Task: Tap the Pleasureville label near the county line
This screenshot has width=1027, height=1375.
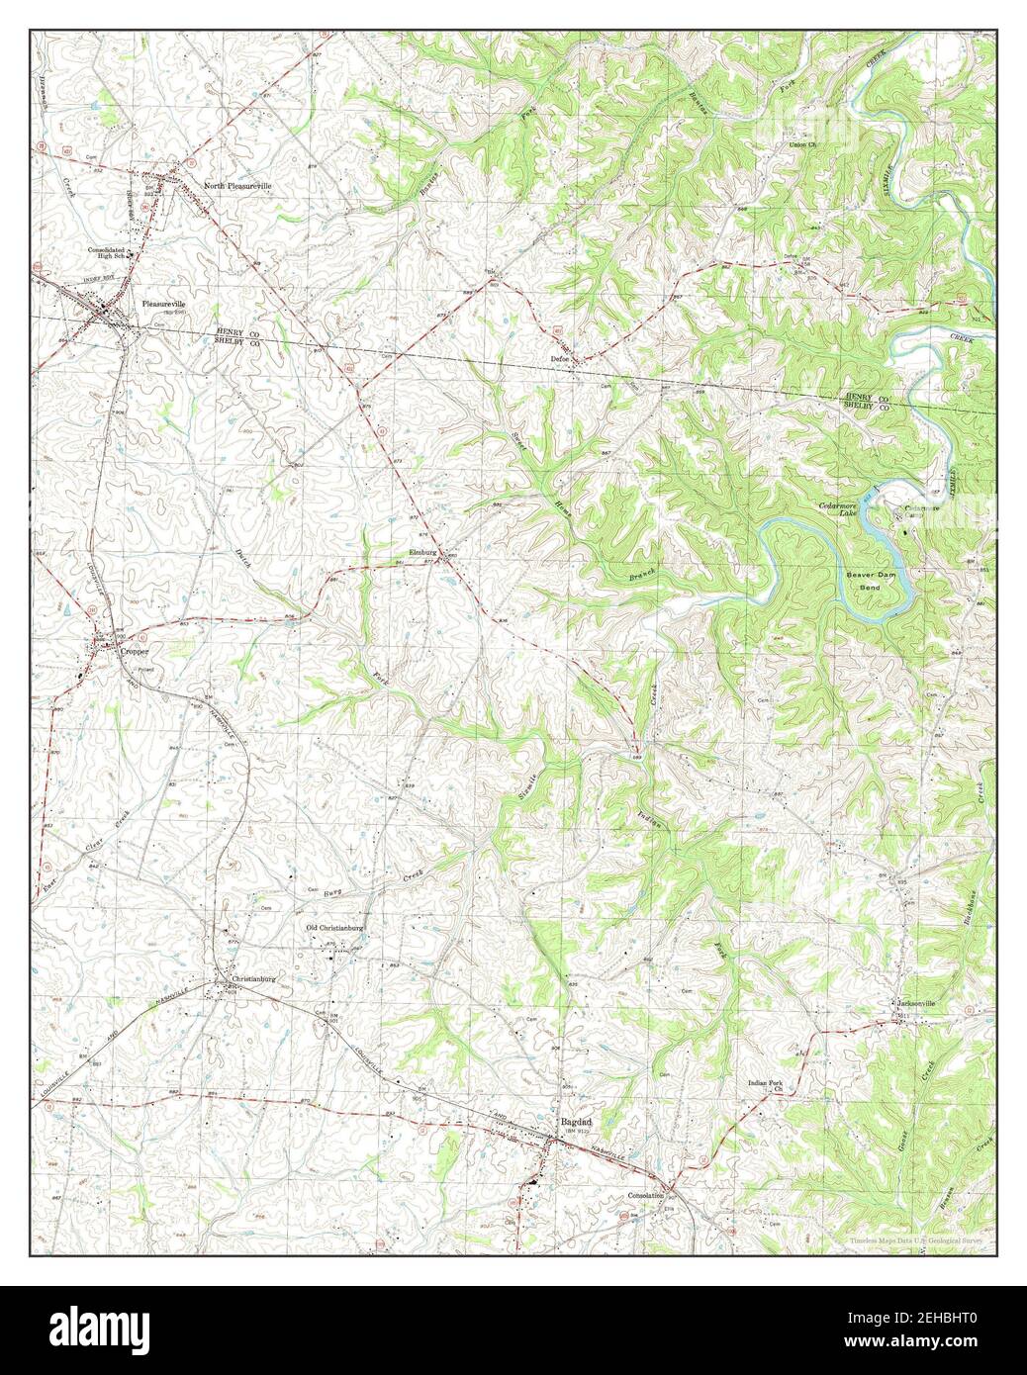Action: click(163, 305)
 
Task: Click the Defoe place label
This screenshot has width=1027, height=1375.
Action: click(564, 360)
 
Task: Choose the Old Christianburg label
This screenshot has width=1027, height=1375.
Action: click(335, 929)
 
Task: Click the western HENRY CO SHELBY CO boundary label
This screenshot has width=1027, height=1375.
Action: click(237, 336)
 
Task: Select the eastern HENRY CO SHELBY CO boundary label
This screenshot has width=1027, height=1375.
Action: click(867, 401)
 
